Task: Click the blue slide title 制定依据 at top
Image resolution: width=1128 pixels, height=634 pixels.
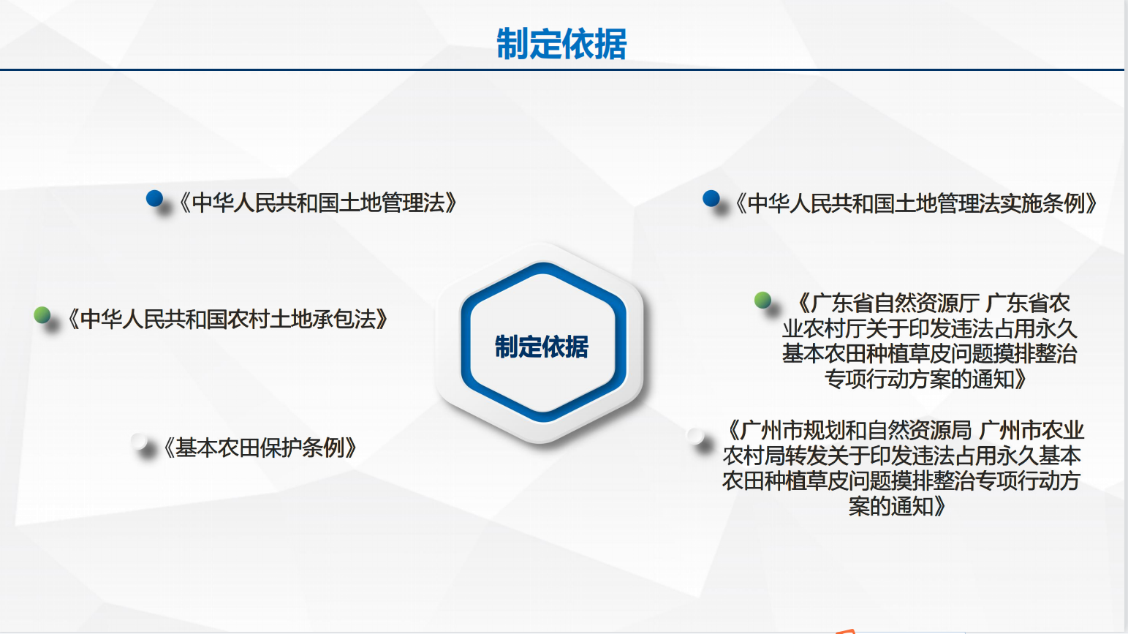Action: click(x=561, y=44)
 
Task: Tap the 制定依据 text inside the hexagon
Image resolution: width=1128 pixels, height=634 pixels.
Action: click(x=542, y=347)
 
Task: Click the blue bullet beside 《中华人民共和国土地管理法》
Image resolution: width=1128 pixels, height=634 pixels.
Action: click(x=154, y=198)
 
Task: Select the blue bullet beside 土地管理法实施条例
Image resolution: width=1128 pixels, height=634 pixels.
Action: click(x=711, y=198)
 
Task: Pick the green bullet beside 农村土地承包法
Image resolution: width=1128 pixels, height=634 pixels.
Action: click(x=42, y=314)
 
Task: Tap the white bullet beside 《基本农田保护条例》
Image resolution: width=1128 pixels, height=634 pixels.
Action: click(x=139, y=442)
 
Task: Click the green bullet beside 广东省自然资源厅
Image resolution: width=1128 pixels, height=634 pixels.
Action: click(x=763, y=300)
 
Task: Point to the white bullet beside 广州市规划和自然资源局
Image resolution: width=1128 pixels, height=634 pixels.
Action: click(x=695, y=436)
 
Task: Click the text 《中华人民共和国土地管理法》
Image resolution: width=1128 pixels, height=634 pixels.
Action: click(x=318, y=203)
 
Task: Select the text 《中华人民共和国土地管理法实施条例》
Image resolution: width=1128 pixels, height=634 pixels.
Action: click(x=916, y=203)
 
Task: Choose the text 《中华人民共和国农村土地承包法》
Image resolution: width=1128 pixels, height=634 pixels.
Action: click(x=227, y=320)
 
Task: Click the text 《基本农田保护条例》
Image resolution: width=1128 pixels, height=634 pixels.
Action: click(x=260, y=448)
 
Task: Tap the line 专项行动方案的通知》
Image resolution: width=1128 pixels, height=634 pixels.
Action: click(x=925, y=380)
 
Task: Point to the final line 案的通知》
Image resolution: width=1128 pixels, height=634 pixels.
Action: click(x=898, y=506)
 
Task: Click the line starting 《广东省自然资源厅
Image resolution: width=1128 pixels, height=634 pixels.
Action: click(x=933, y=303)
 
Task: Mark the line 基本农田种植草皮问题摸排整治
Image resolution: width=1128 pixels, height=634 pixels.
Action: click(x=930, y=354)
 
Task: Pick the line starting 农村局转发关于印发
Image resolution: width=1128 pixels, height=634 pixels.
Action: click(x=901, y=456)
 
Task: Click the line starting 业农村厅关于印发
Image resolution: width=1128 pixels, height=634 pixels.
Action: click(x=930, y=329)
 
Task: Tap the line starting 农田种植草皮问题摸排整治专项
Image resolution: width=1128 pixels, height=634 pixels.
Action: click(x=901, y=481)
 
